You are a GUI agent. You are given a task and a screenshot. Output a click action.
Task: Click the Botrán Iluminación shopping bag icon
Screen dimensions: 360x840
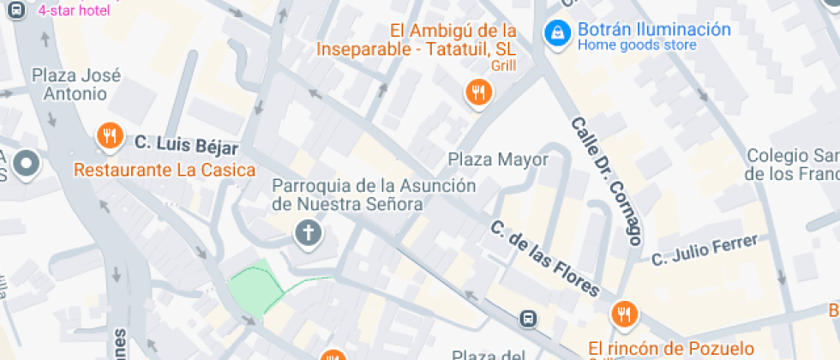[558, 33]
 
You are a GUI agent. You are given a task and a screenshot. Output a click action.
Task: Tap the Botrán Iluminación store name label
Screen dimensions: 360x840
[654, 29]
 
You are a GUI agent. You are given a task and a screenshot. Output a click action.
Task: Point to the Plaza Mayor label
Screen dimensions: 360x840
[498, 159]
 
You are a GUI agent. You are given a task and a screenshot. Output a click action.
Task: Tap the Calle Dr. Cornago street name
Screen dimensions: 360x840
[607, 180]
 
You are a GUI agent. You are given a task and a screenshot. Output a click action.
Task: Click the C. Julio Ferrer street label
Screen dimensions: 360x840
[705, 249]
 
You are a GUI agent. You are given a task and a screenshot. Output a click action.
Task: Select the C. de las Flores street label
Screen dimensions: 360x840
[544, 257]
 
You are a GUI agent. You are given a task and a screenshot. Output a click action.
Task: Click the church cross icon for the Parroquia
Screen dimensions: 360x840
[307, 231]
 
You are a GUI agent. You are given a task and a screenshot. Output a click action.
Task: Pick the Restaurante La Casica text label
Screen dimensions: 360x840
[165, 170]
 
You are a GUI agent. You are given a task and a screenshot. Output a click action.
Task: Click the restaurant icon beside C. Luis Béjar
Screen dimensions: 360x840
[109, 135]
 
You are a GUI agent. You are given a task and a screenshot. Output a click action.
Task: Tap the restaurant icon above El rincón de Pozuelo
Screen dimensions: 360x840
[624, 314]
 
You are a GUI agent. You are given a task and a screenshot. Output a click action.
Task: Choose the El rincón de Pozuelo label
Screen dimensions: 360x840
[671, 348]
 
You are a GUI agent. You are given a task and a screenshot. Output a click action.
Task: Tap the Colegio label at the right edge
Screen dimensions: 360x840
[791, 165]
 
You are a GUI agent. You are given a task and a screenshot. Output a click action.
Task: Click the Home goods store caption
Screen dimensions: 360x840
[637, 45]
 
